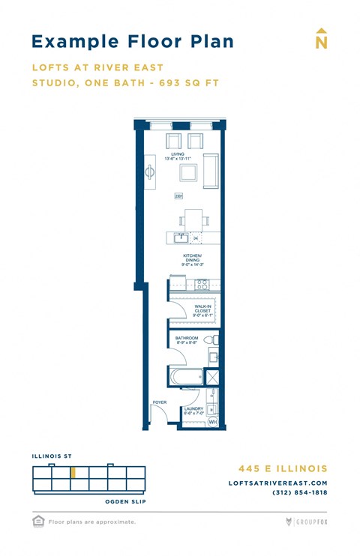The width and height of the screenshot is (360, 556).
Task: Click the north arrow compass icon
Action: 321,39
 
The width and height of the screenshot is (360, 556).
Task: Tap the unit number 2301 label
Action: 179,196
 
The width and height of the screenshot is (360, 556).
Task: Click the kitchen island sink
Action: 181,238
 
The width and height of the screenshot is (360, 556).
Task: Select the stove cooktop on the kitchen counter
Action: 201,284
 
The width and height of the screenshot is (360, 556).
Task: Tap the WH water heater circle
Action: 211,423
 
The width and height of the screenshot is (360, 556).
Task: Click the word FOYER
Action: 159,402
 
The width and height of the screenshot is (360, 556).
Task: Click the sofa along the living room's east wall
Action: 211,172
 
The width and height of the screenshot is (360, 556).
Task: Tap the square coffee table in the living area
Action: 188,174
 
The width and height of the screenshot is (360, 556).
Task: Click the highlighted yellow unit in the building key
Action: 73,473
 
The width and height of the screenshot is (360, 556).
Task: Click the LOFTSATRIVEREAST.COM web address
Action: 277,483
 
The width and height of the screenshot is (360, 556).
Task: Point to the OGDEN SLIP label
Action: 124,501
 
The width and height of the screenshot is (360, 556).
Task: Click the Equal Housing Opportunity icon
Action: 37,521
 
